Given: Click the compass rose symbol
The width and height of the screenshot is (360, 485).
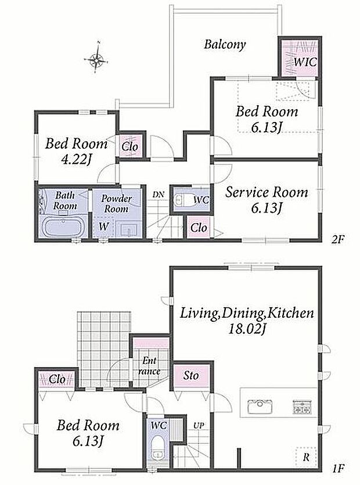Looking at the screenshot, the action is point(97,58).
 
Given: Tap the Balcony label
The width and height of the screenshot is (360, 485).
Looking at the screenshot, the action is point(225,44).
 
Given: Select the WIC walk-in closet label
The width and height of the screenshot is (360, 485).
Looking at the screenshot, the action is point(305,62).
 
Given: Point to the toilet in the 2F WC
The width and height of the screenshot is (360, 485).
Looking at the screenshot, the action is point(181,199).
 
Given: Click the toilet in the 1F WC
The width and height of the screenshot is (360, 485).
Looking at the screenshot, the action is point(158,448).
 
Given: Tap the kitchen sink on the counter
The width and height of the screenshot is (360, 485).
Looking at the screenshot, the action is point(260,407).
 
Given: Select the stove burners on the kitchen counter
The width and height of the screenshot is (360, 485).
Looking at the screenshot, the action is point(301,407).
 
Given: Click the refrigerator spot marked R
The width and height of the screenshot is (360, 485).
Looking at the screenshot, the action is point(306,458).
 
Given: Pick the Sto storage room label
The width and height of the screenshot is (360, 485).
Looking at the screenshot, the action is point(191,375).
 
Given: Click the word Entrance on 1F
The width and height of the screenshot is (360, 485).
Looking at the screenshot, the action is point(149,366).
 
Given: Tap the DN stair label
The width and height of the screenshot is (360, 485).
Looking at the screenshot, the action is point(158,195).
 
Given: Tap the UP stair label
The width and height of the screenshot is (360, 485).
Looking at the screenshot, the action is point(199,426).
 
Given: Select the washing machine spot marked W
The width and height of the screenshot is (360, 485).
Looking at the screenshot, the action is point(103,226).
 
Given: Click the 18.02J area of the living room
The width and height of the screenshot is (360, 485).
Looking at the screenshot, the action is point(247,329).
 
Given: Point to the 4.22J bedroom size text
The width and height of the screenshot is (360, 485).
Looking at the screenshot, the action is point(76,160).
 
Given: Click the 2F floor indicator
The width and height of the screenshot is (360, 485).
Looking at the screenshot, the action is point(337,240).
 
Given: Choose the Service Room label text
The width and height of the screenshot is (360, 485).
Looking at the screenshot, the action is point(267,192).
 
